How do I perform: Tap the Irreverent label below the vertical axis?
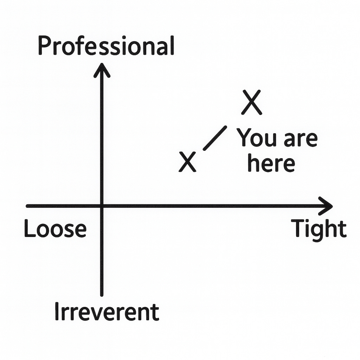[107, 312]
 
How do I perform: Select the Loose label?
[55, 229]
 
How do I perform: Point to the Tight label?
[319, 229]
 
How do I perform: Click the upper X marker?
[252, 102]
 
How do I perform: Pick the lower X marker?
[187, 162]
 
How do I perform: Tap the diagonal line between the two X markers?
[215, 138]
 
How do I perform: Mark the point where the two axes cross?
[102, 206]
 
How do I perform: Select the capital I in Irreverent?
[57, 311]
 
